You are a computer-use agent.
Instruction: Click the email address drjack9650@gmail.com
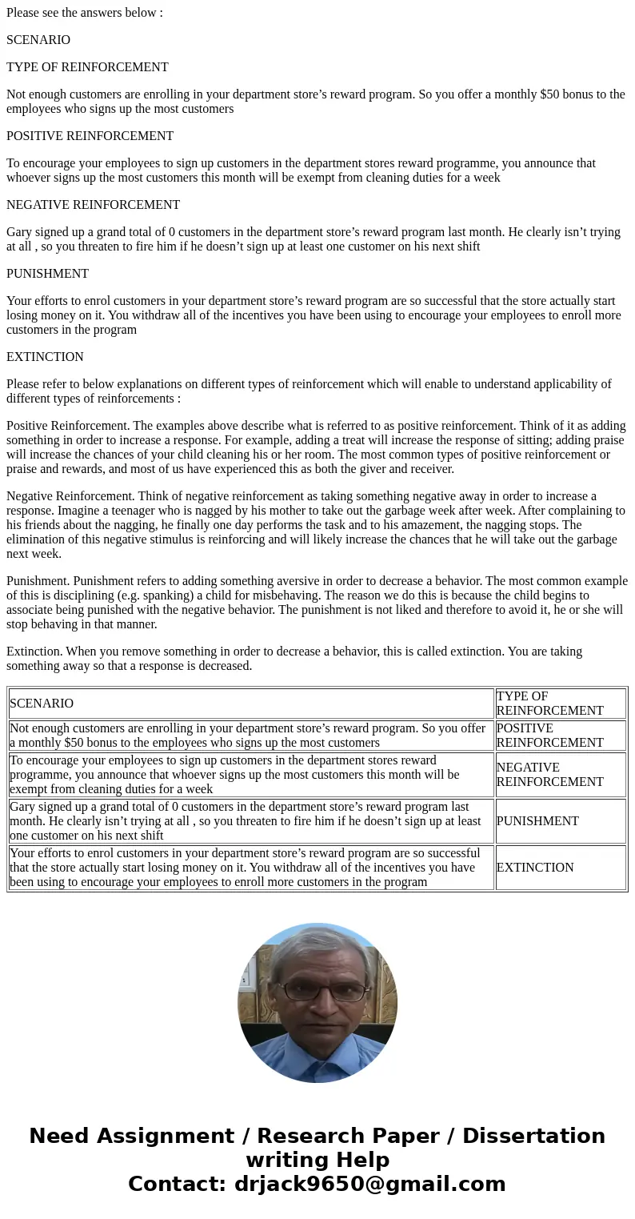(x=369, y=1184)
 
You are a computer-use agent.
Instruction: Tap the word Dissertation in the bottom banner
(x=533, y=1136)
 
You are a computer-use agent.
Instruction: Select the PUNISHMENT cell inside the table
(x=537, y=821)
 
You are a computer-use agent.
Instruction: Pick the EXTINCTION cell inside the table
(x=535, y=868)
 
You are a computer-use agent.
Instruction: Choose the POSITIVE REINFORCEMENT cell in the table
(x=549, y=736)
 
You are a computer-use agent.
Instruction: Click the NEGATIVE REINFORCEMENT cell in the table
(x=549, y=775)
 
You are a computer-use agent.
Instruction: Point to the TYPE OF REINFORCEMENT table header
(x=549, y=704)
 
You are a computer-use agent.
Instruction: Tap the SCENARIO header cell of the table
(x=42, y=704)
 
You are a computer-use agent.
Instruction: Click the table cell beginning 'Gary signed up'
(x=250, y=821)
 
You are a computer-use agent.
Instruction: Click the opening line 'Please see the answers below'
(x=84, y=13)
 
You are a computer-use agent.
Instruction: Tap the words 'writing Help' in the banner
(x=317, y=1160)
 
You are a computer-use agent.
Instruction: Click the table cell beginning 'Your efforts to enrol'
(x=250, y=868)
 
